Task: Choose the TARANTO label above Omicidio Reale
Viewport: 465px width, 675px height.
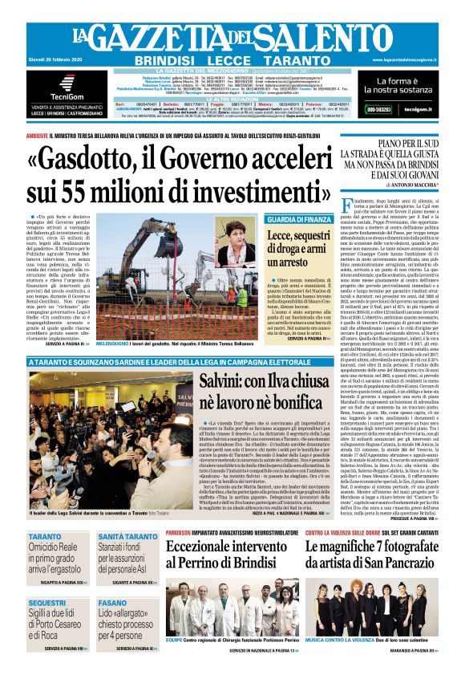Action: click(x=45, y=536)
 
